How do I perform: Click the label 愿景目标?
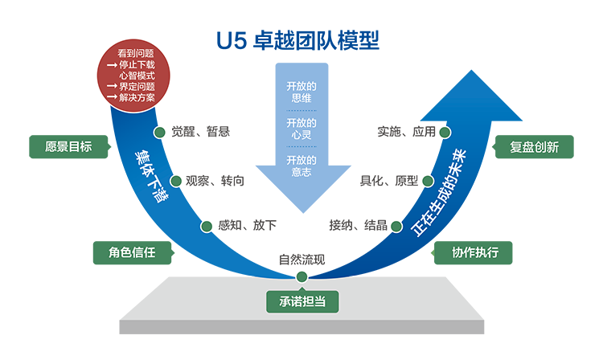click(x=68, y=147)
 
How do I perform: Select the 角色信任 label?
click(x=132, y=252)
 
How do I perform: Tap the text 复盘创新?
click(x=534, y=148)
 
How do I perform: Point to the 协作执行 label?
click(x=475, y=252)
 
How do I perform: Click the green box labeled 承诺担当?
click(x=301, y=302)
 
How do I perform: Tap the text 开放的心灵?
click(x=301, y=129)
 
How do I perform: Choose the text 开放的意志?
click(x=301, y=166)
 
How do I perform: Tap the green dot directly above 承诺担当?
click(x=301, y=276)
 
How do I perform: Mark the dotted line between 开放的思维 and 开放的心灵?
click(x=301, y=111)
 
